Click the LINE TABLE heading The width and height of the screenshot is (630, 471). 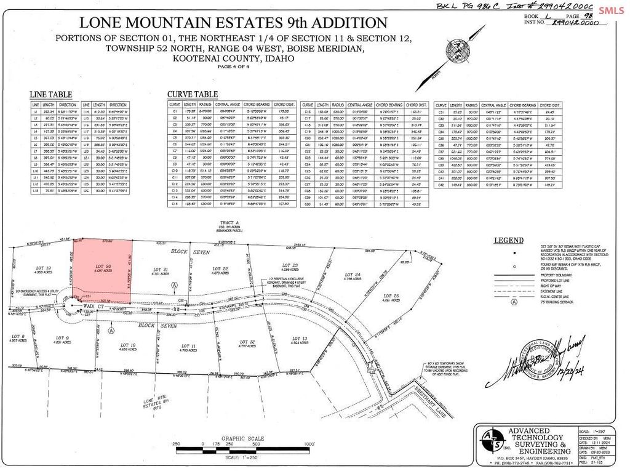coord(51,94)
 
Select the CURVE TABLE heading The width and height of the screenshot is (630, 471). coord(193,94)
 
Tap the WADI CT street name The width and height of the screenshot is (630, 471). coord(92,305)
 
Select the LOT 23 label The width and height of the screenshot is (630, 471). coord(290,266)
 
